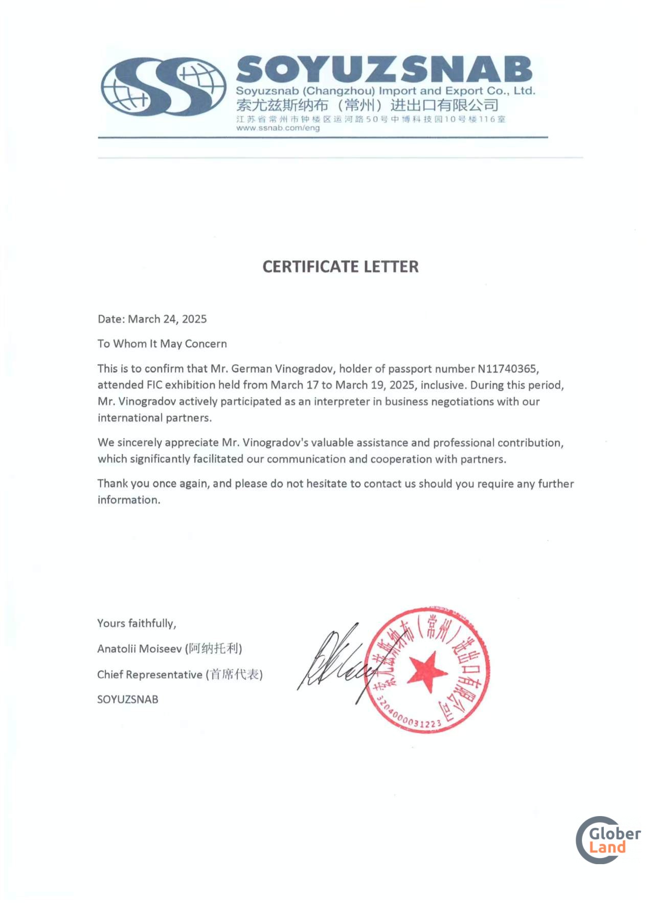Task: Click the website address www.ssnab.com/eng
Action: coord(278,128)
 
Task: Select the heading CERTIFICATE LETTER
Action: coord(340,266)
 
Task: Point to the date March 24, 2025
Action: coord(167,319)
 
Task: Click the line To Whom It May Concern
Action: coord(162,344)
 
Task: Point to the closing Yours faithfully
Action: coord(137,623)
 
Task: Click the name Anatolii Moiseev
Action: coord(139,649)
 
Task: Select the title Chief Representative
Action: coord(150,675)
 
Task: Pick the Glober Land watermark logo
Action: coord(608,840)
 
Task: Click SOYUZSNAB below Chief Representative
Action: coord(128,699)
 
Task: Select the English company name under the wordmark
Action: coord(385,91)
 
